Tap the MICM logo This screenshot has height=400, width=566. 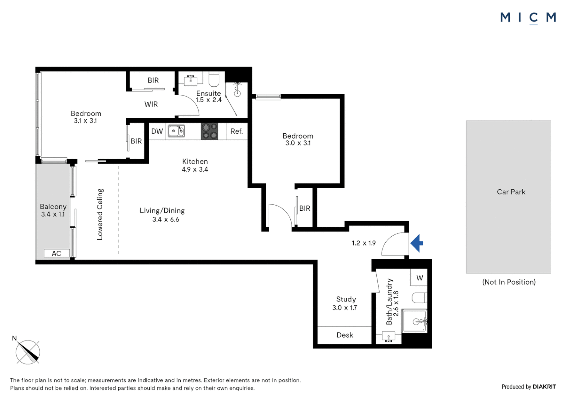click(528, 18)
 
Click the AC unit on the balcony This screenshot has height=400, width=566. click(57, 253)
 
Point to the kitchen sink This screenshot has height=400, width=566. click(176, 131)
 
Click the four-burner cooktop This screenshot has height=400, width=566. click(209, 131)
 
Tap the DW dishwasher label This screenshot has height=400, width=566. click(157, 131)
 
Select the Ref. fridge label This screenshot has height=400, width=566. click(237, 131)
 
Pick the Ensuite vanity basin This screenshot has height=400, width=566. click(190, 80)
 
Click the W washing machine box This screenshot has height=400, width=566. click(419, 277)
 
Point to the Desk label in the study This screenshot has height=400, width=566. click(345, 335)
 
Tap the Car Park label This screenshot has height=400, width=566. click(511, 192)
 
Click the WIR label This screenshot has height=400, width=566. click(151, 104)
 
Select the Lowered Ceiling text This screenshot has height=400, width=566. click(100, 214)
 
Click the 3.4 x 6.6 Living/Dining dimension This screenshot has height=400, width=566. click(166, 219)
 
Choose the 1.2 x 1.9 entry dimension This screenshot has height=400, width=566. click(364, 243)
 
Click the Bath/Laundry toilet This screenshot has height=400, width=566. click(419, 298)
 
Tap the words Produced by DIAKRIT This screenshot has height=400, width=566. click(529, 387)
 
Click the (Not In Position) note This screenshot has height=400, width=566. click(509, 282)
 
